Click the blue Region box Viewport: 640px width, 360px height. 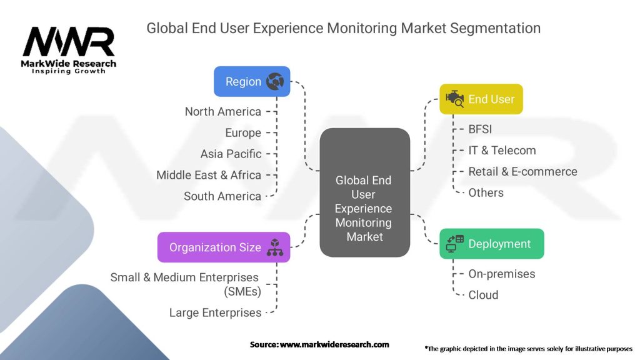click(x=252, y=81)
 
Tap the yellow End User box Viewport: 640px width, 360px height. click(x=481, y=99)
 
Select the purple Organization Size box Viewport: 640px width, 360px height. click(x=223, y=247)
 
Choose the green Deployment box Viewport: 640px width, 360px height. click(x=491, y=244)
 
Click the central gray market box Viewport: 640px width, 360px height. click(x=364, y=192)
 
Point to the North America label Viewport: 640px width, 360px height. click(x=222, y=111)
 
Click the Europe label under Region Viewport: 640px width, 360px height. click(x=243, y=132)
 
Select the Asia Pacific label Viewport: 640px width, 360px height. click(x=231, y=154)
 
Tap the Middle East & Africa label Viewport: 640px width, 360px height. click(x=209, y=175)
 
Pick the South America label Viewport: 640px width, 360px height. click(x=222, y=196)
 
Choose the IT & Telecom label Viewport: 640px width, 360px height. click(x=502, y=150)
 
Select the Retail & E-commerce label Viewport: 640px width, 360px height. click(x=522, y=171)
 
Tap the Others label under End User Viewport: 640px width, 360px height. click(x=486, y=192)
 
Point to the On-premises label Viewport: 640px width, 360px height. click(x=501, y=274)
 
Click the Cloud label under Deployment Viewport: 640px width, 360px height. click(x=483, y=295)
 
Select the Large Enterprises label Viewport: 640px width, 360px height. click(x=215, y=312)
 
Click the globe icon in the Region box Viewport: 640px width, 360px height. click(x=275, y=81)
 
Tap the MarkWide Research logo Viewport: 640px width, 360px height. click(x=69, y=50)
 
